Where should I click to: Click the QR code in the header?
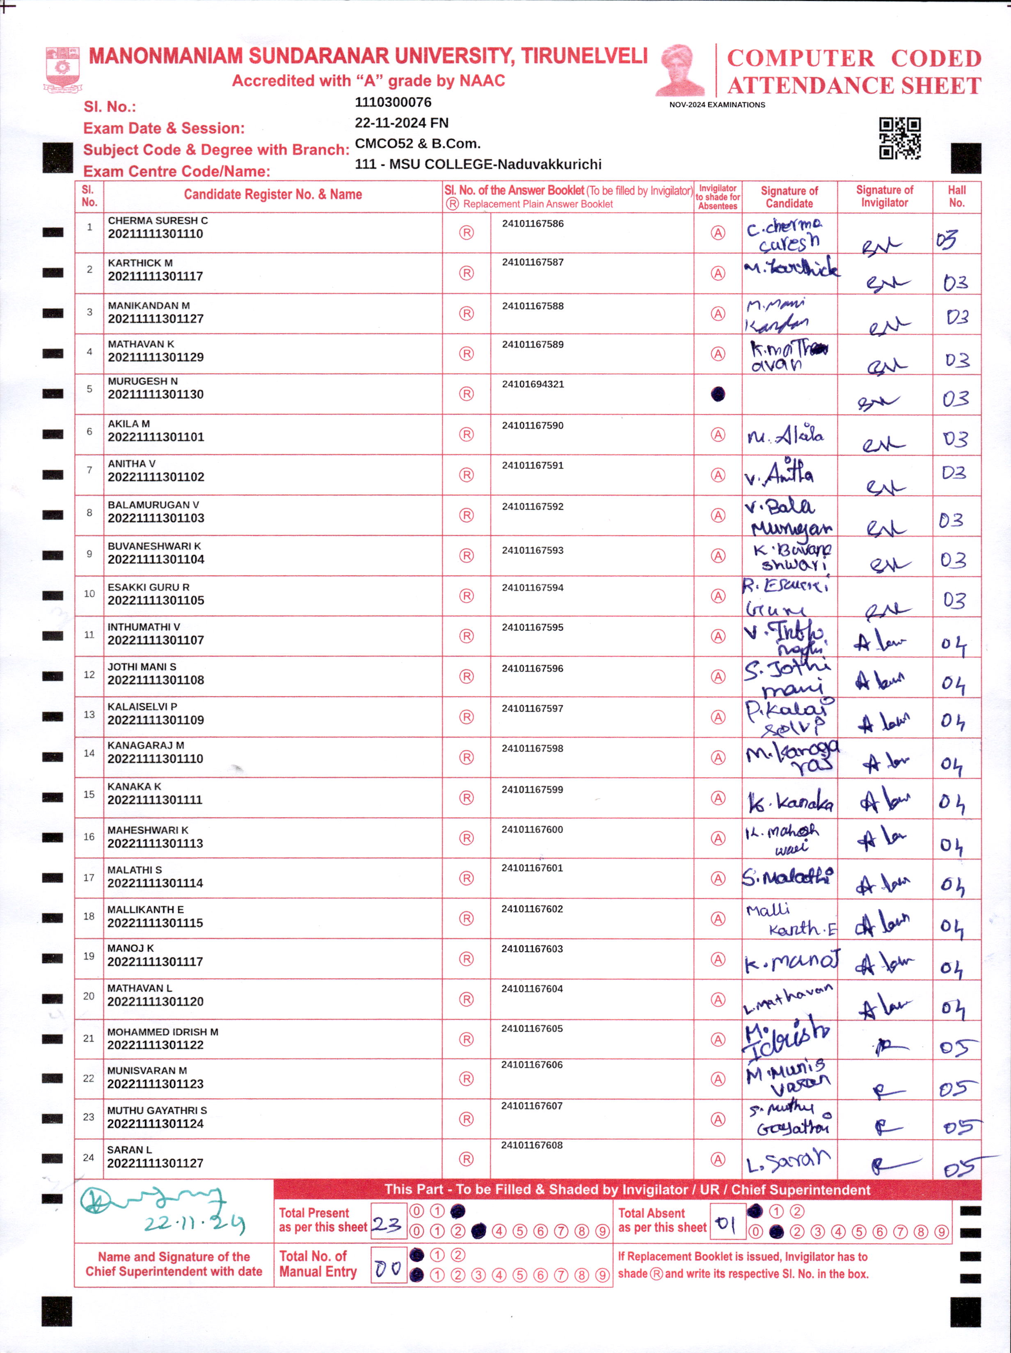(x=900, y=138)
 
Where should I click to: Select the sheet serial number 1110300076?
(x=393, y=102)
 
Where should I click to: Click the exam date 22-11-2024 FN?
(x=401, y=123)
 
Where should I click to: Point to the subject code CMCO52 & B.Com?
(x=417, y=144)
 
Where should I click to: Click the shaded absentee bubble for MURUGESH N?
(x=718, y=394)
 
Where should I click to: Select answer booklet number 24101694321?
(x=533, y=384)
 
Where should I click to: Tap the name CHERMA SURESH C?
(x=158, y=220)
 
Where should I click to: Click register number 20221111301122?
(x=156, y=1045)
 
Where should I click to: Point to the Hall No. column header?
(x=956, y=197)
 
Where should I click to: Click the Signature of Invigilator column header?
(x=884, y=197)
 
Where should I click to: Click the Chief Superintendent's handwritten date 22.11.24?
(x=194, y=1223)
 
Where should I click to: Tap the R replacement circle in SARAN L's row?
(x=466, y=1159)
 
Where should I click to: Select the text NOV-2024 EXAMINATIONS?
(x=717, y=105)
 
